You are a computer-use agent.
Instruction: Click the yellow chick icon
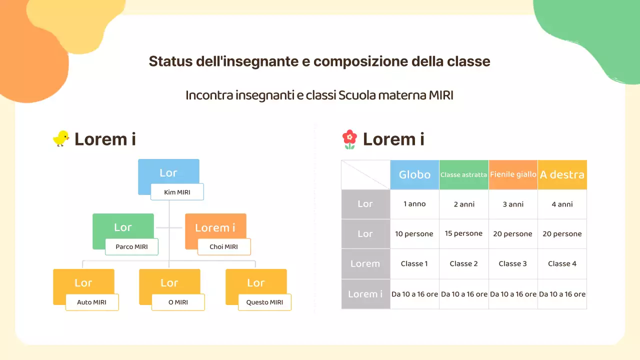point(61,138)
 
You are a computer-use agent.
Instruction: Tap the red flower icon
point(349,139)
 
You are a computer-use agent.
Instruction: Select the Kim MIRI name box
point(177,192)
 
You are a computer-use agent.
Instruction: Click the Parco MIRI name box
point(131,247)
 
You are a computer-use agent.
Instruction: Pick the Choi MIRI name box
point(223,247)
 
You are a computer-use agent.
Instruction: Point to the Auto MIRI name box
point(92,302)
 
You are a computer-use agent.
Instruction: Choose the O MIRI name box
point(178,302)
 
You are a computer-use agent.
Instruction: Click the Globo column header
point(414,174)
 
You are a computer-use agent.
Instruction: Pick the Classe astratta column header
point(463,175)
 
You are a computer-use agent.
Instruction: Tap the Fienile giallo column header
point(513,174)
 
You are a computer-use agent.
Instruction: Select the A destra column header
point(562,174)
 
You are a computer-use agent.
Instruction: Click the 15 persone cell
point(463,233)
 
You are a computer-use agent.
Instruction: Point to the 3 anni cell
point(513,204)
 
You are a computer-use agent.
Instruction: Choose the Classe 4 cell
point(562,263)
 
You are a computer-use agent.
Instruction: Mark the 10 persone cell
point(414,233)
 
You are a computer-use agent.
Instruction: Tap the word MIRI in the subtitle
point(441,95)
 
